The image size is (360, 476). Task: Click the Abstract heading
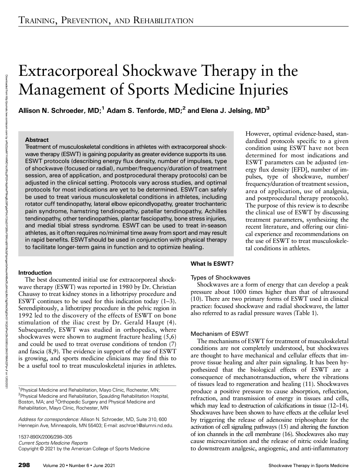click(x=37, y=140)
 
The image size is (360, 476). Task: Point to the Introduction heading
click(x=35, y=273)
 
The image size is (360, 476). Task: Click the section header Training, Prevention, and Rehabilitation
click(x=105, y=20)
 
